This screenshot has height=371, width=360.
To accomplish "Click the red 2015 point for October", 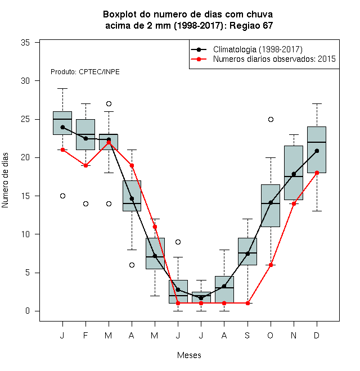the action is (x=271, y=265).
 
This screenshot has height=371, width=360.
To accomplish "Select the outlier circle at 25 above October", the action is (x=271, y=120).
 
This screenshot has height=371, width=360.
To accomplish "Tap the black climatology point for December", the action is (x=317, y=151).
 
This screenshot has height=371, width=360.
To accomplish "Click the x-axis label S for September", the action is (x=247, y=335).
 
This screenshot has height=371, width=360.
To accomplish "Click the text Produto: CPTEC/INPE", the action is (x=85, y=72).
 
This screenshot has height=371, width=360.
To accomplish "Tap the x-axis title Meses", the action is (x=189, y=355).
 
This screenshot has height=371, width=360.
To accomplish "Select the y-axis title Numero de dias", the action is (x=5, y=180).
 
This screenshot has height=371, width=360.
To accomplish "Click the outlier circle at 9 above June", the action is (x=178, y=242).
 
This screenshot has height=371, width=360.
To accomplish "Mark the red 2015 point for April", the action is (x=132, y=165).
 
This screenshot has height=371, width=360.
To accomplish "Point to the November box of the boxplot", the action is (x=294, y=173).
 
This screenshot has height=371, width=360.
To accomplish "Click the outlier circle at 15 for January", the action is (x=62, y=196).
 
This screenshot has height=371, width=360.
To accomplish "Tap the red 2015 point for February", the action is (x=85, y=165).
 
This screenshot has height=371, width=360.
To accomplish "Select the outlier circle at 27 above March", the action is (x=109, y=103).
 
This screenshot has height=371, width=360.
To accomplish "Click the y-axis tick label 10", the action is (x=25, y=234).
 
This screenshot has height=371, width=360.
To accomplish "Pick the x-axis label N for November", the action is (x=294, y=335).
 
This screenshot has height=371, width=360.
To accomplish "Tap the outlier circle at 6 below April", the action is (x=132, y=265).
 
